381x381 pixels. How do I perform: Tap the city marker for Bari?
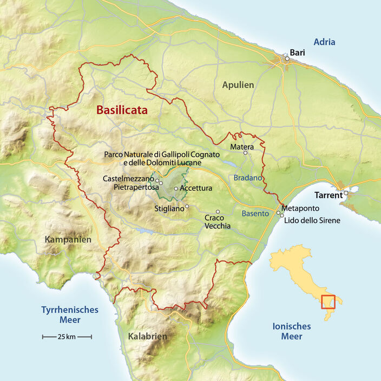click(287, 58)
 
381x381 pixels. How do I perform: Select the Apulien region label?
click(238, 85)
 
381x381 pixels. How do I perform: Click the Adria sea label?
click(325, 42)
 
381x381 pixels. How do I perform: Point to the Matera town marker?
click(245, 153)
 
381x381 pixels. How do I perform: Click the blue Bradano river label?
click(248, 178)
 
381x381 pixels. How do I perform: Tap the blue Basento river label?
click(255, 213)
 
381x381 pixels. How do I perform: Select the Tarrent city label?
click(329, 195)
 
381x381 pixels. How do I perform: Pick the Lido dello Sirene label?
click(312, 221)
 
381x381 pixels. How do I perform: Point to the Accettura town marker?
click(176, 188)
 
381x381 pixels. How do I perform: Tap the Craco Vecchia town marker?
click(218, 212)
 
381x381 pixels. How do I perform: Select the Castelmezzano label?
click(128, 178)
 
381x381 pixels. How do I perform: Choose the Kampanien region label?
click(68, 239)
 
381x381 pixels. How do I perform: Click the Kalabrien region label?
click(147, 337)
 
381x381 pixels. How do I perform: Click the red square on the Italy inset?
click(328, 301)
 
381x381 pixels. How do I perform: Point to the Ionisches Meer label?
click(291, 331)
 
